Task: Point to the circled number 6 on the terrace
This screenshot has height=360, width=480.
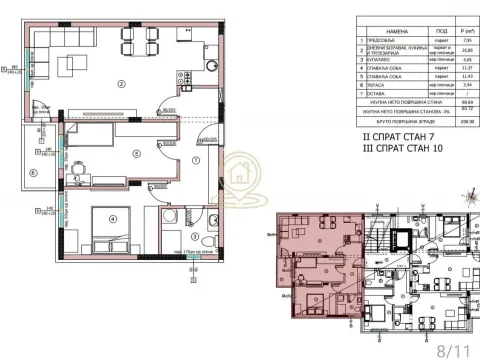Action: pos(35,171)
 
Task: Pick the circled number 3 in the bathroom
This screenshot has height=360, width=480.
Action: pos(197,236)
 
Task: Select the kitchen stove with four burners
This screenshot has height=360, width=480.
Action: pos(184,76)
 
